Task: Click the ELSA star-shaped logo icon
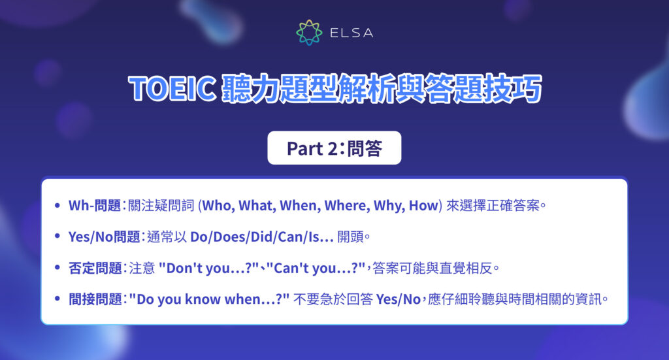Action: [x=309, y=32]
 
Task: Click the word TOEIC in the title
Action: [x=172, y=90]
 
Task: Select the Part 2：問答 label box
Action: [x=334, y=148]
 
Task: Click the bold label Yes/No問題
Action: [x=105, y=237]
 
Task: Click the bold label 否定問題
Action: [x=95, y=268]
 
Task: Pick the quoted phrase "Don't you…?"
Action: [x=195, y=268]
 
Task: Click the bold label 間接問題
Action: [x=95, y=299]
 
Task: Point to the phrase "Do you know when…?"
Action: [x=209, y=299]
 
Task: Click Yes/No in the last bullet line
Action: [x=400, y=299]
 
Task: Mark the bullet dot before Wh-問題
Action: [x=59, y=206]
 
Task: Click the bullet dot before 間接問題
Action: [x=59, y=299]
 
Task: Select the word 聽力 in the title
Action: [x=246, y=90]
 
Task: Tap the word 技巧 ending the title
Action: [x=515, y=90]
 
